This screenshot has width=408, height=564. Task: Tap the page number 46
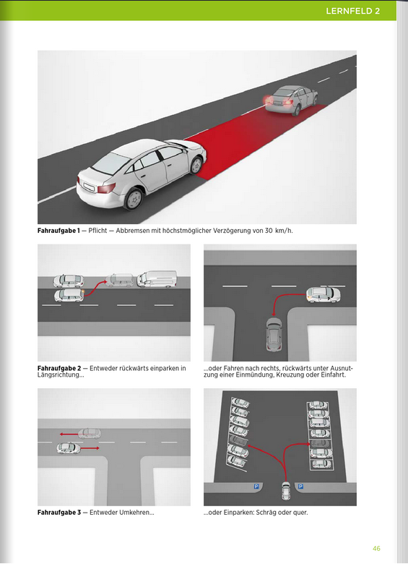(x=377, y=548)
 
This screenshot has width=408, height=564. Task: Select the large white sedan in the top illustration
(x=141, y=171)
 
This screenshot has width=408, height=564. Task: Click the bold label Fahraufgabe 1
(x=58, y=231)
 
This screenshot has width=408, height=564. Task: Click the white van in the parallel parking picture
(x=157, y=278)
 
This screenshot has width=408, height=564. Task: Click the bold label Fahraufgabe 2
(x=58, y=369)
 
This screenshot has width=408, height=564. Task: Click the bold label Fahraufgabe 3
(x=58, y=513)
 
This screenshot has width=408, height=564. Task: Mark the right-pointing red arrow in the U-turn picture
(x=90, y=448)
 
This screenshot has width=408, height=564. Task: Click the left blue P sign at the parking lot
(x=256, y=487)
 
